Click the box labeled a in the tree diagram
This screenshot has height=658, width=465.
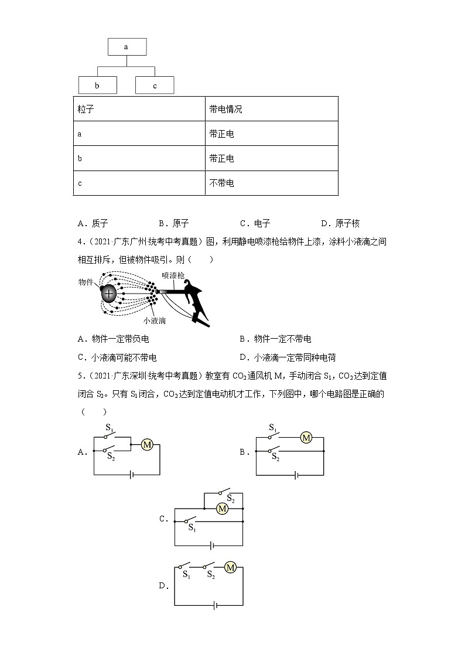click(126, 47)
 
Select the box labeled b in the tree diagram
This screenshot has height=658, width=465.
click(97, 86)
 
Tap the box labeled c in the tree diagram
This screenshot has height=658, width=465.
click(155, 86)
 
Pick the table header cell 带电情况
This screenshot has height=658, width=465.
click(225, 109)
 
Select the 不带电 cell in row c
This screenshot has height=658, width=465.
click(221, 183)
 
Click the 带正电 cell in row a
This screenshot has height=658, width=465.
click(221, 134)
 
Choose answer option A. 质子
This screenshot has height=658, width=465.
click(93, 223)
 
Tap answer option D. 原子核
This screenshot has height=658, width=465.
click(340, 223)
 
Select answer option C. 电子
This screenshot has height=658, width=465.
click(255, 223)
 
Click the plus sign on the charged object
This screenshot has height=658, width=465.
click(110, 292)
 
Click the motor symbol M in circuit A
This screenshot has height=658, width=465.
click(148, 445)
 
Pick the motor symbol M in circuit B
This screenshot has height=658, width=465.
click(306, 437)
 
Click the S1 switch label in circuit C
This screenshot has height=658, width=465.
click(192, 527)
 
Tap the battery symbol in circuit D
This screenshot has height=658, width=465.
click(215, 605)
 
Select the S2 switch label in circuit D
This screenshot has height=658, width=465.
click(211, 575)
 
